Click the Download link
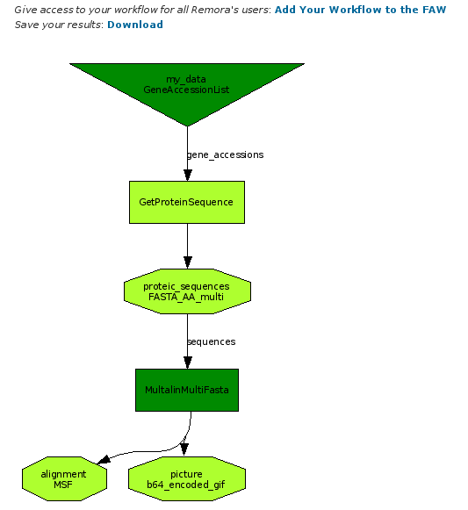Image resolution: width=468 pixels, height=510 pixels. tap(135, 25)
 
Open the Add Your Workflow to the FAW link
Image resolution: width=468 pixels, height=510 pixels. tap(360, 10)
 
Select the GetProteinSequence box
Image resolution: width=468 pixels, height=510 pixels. tap(187, 202)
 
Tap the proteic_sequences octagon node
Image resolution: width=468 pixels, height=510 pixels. tap(187, 291)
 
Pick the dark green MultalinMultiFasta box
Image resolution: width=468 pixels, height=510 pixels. tap(187, 390)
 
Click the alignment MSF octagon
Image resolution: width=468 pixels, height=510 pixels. tap(64, 478)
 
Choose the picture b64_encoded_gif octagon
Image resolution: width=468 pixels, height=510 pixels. tap(187, 478)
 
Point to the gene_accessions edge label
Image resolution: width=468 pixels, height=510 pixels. tap(225, 154)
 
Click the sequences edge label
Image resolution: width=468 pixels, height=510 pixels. tap(212, 341)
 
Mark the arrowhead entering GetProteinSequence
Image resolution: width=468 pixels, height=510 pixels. tap(187, 176)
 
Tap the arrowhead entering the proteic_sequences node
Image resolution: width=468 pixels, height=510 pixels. tap(187, 262)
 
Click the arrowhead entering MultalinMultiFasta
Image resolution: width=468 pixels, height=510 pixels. tap(187, 363)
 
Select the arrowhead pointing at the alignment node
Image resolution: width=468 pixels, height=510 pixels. tap(104, 460)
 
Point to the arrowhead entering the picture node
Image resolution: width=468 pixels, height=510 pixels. tap(184, 449)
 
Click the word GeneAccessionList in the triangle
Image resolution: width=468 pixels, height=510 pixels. tap(186, 90)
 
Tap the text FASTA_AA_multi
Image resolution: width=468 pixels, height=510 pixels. tap(186, 297)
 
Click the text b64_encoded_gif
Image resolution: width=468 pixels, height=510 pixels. tap(186, 485)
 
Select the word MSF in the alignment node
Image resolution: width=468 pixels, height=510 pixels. tap(63, 485)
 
